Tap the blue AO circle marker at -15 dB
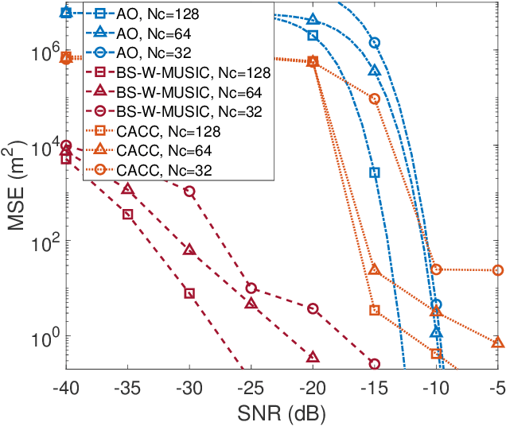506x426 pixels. (x=375, y=43)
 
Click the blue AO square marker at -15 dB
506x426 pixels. (x=375, y=172)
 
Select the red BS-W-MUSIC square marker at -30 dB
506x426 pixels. (x=189, y=293)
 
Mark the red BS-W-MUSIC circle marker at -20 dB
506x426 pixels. (x=313, y=308)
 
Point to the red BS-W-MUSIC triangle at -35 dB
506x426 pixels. (x=127, y=189)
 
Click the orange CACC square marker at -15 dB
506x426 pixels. (x=375, y=310)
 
